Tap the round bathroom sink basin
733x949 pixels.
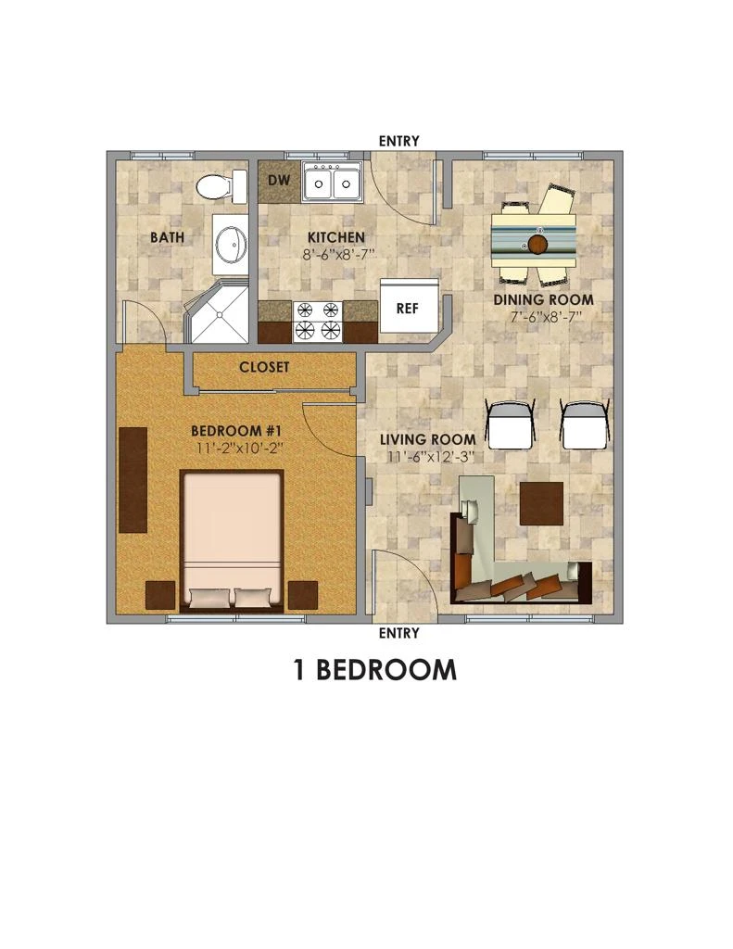click(x=232, y=244)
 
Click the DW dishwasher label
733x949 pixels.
click(x=279, y=180)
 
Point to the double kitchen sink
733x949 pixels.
click(x=333, y=181)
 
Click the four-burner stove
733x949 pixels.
click(x=318, y=321)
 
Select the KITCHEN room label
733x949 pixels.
click(x=336, y=237)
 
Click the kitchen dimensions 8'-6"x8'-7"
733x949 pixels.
click(x=339, y=254)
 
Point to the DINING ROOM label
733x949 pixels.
click(x=543, y=299)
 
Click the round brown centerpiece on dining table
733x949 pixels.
click(x=537, y=245)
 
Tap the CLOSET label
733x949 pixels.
click(x=264, y=367)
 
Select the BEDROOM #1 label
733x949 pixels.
click(x=236, y=431)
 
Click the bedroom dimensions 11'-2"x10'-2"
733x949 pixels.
click(x=240, y=449)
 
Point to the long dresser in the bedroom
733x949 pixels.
click(x=133, y=480)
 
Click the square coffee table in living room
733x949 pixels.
click(x=542, y=503)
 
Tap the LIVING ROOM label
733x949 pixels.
click(x=428, y=440)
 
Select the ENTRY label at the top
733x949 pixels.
click(x=398, y=141)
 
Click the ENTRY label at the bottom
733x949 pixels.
click(x=398, y=633)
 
